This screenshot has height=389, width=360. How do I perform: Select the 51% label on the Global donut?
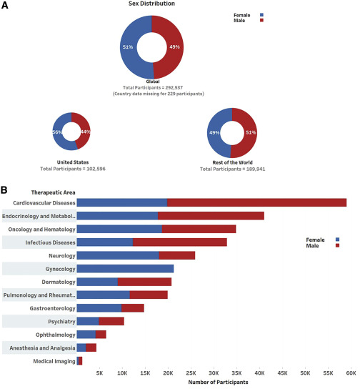coord(128,47)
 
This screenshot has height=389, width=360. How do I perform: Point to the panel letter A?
coord(5,5)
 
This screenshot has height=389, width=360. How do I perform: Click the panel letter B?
coord(5,191)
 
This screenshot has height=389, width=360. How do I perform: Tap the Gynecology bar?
coord(125,269)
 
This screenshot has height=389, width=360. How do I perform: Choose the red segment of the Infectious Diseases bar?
coord(179,242)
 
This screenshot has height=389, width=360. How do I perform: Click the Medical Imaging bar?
coord(79,361)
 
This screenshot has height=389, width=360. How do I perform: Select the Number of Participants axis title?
coord(218,383)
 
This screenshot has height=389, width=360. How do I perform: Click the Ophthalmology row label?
coord(52,335)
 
